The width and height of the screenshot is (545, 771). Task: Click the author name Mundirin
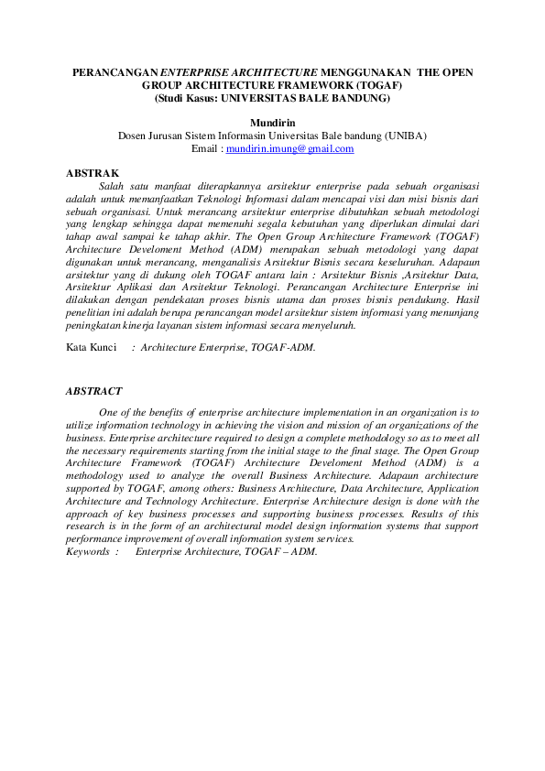(272, 122)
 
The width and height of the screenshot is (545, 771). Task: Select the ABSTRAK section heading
(93, 172)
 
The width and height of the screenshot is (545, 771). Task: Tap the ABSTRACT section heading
(94, 391)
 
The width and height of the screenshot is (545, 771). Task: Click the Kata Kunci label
(92, 348)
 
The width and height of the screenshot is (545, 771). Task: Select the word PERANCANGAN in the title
(114, 71)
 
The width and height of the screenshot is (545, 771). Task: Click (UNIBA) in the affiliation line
(404, 136)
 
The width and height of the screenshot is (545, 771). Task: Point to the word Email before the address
(206, 148)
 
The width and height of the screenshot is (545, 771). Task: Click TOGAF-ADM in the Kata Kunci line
(285, 348)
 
